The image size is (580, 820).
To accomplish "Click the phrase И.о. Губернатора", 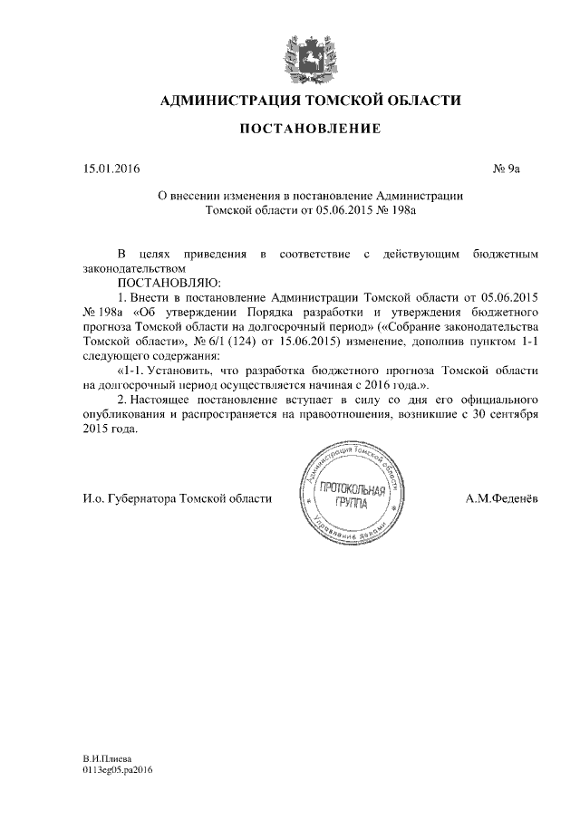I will [x=122, y=498].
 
